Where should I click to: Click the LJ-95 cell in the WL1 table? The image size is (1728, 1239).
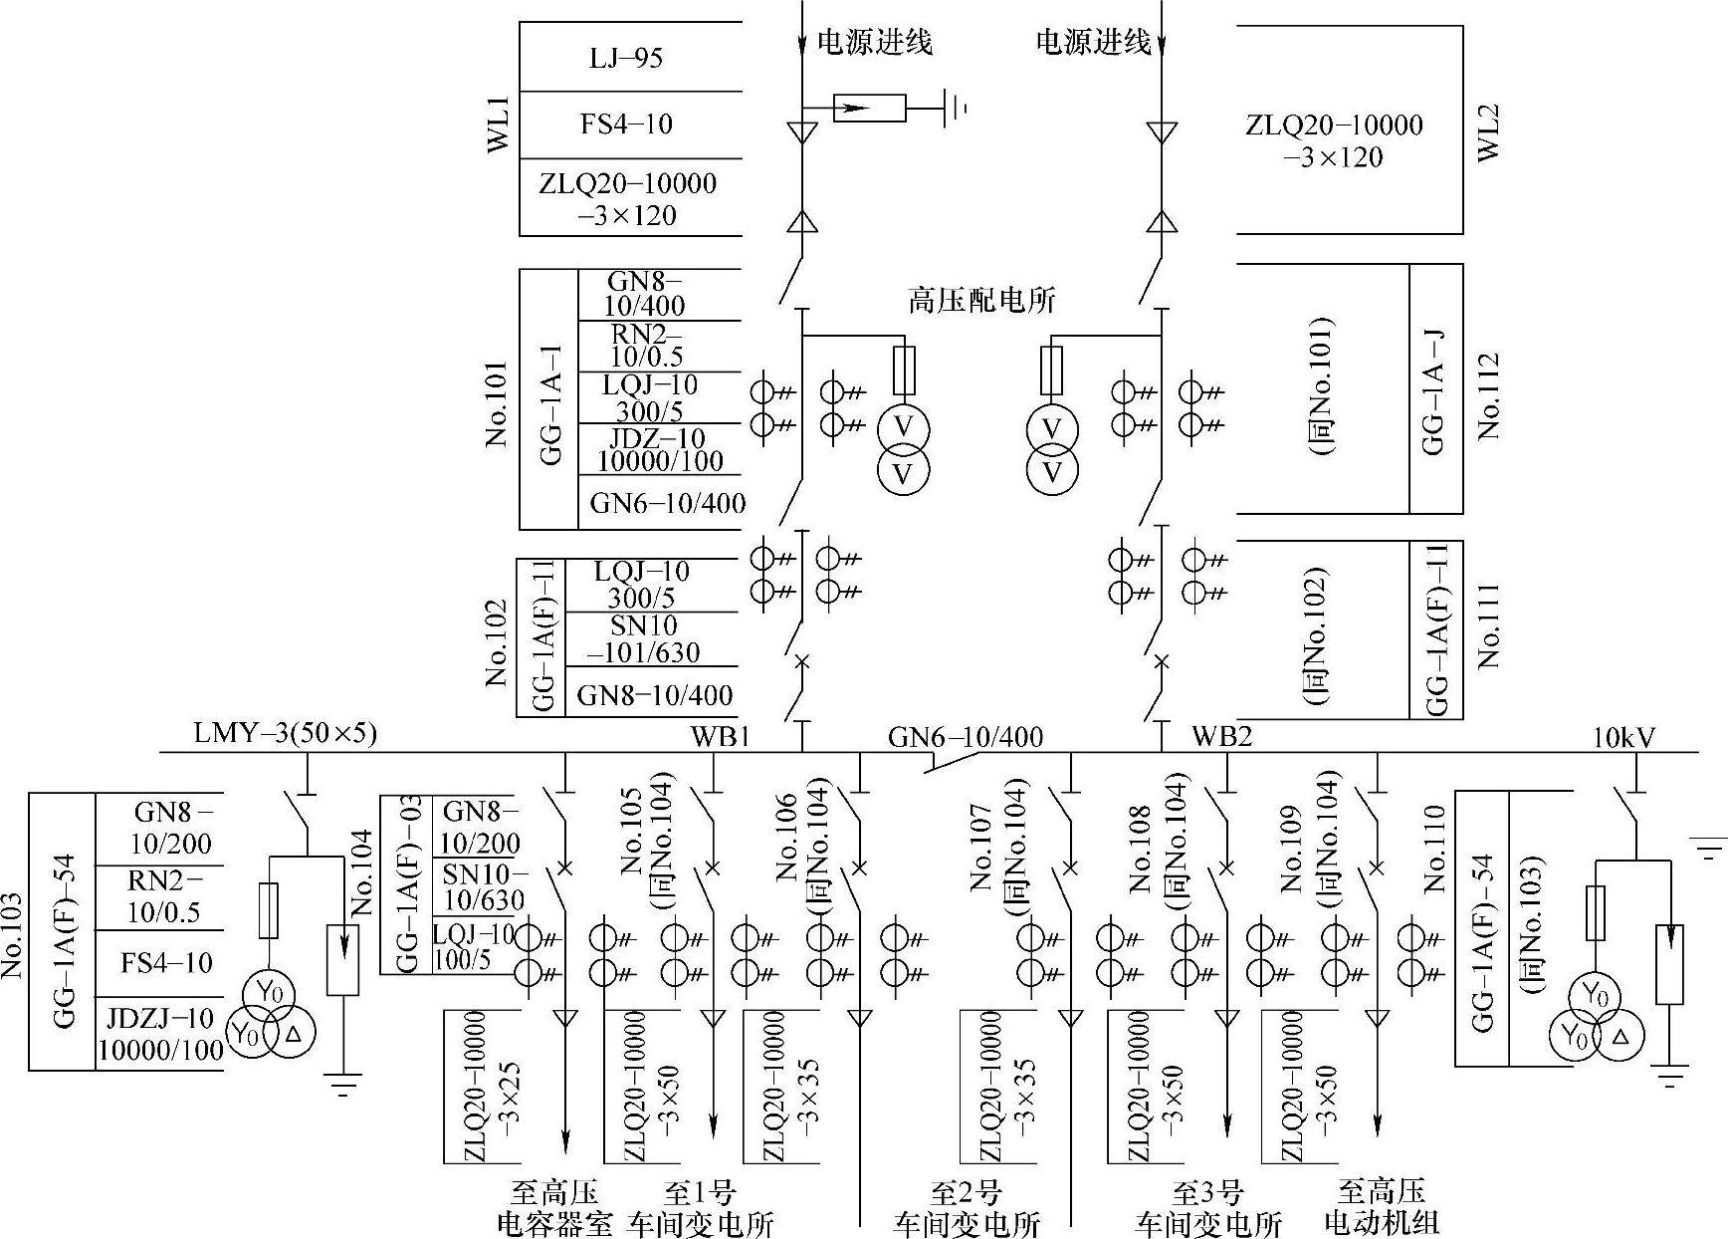click(x=625, y=58)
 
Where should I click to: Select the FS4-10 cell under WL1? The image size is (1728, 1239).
click(x=626, y=124)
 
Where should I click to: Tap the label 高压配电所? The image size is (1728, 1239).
click(x=981, y=300)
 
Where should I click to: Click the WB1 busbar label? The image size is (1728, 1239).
click(x=720, y=737)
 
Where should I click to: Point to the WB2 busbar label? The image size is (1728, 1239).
click(x=1221, y=737)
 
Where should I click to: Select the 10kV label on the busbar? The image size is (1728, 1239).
click(x=1623, y=737)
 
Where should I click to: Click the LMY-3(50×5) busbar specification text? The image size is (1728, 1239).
click(x=286, y=734)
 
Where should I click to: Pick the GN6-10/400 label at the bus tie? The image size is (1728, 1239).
click(x=966, y=737)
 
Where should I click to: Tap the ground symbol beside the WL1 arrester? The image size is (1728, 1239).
click(x=957, y=108)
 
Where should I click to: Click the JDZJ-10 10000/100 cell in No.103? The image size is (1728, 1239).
click(x=160, y=1034)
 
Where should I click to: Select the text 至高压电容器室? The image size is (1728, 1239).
click(x=554, y=1207)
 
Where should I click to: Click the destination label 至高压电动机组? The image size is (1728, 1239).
click(x=1382, y=1206)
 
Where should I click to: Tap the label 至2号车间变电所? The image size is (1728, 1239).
click(x=966, y=1207)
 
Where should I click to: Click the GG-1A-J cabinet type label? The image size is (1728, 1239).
click(x=1434, y=389)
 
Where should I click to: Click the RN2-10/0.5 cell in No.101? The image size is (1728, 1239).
click(x=647, y=345)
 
